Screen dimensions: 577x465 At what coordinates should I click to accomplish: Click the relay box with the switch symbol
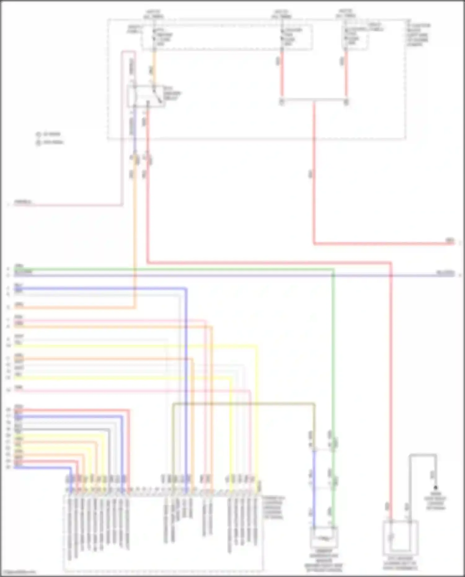[x=146, y=96]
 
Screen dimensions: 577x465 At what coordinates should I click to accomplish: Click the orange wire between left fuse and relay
[x=154, y=68]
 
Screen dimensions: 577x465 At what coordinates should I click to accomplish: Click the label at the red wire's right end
[x=449, y=240]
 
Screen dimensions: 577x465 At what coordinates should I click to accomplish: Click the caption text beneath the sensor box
[x=324, y=563]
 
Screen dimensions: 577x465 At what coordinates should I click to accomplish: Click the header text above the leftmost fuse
[x=154, y=14]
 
